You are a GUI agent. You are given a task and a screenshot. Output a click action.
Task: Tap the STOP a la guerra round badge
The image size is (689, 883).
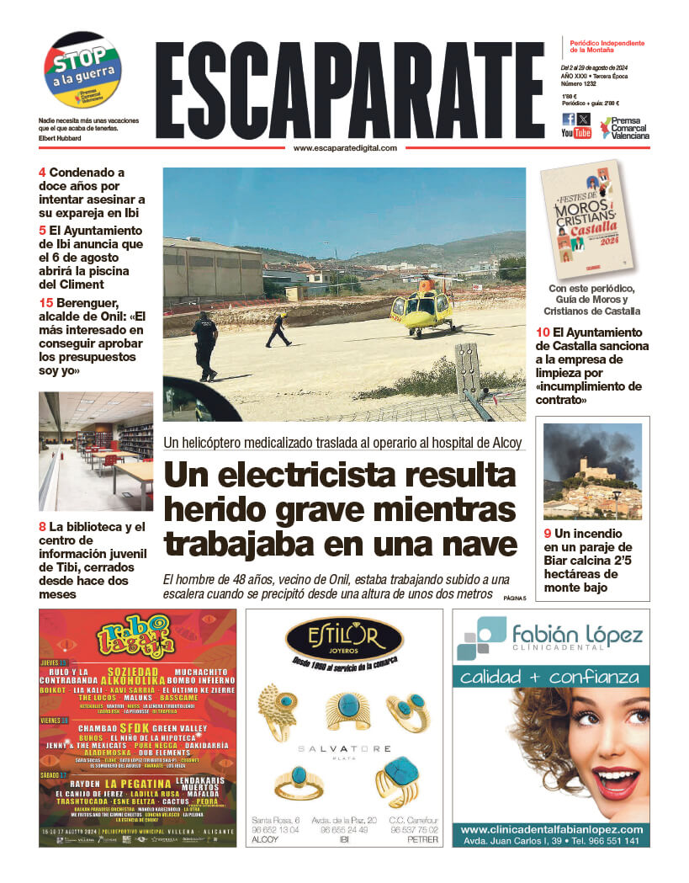point(82,69)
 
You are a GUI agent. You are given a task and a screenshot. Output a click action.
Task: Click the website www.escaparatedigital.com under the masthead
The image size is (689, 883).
point(345,148)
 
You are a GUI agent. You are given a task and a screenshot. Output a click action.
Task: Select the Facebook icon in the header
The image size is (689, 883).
point(569,119)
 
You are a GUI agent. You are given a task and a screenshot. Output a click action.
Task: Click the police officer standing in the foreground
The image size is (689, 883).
point(204,344)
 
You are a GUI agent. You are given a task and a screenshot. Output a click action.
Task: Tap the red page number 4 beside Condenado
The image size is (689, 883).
point(42,173)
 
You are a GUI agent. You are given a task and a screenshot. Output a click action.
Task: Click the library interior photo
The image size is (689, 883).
point(95,451)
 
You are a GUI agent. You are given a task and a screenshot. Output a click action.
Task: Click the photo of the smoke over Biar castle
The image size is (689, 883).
point(592,471)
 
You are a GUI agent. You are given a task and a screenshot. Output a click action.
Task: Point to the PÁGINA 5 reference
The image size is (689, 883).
point(514,598)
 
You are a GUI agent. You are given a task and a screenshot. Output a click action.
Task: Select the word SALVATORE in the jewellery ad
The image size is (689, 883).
point(345,748)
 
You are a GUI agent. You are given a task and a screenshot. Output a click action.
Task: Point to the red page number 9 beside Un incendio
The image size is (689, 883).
point(548,533)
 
